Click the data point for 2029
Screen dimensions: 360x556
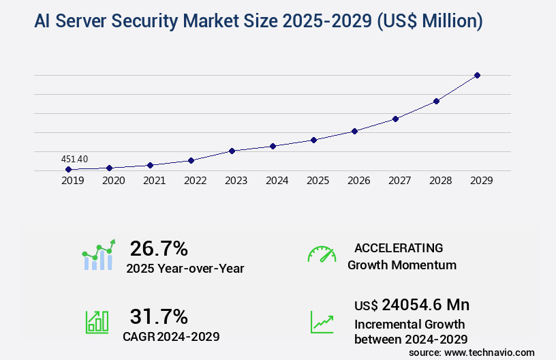click(477, 75)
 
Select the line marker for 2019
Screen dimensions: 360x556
click(68, 169)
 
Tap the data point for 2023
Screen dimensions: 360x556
click(232, 151)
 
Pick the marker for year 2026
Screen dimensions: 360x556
click(354, 131)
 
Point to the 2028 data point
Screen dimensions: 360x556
click(436, 101)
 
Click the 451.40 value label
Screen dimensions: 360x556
click(74, 159)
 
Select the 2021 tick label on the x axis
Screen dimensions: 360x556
click(154, 181)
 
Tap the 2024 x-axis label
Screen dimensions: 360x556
click(277, 181)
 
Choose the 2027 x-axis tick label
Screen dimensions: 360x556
click(399, 181)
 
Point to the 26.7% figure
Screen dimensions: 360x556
click(159, 248)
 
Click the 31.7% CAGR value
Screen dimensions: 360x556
click(159, 316)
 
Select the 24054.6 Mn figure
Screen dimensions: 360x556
click(425, 305)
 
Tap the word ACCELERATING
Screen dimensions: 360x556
click(399, 247)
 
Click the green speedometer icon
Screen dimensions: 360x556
click(322, 254)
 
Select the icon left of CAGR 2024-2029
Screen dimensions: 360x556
click(97, 322)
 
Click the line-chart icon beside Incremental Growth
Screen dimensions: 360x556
click(322, 322)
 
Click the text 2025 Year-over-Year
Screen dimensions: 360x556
click(185, 269)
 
